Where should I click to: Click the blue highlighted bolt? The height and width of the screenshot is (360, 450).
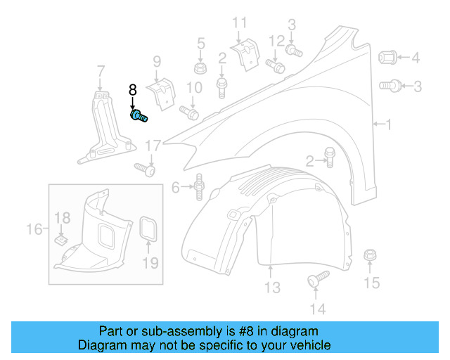[x=138, y=116]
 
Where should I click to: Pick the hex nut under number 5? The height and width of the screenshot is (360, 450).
[x=200, y=69]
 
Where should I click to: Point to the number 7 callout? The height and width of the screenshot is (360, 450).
[x=101, y=70]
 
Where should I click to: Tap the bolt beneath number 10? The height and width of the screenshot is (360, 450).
[x=190, y=112]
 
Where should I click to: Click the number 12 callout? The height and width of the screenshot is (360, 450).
[x=276, y=39]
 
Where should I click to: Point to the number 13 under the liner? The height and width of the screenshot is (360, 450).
[x=272, y=288]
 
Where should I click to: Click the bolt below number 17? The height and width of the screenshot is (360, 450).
[x=145, y=169]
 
